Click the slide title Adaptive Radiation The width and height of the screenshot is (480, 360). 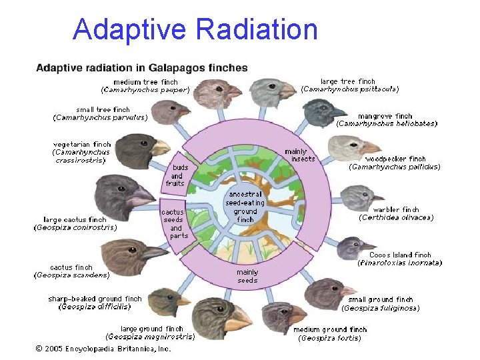[x=195, y=29]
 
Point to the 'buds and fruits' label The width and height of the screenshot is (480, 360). [x=175, y=175]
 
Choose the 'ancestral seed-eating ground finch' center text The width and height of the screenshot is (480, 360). [x=245, y=207]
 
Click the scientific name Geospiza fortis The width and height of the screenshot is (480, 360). [x=329, y=338]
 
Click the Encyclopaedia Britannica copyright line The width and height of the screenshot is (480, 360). [x=103, y=348]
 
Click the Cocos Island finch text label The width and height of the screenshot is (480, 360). [x=400, y=255]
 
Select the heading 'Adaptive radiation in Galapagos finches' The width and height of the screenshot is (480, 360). [x=141, y=67]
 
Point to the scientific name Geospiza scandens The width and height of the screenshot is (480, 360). [x=72, y=275]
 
